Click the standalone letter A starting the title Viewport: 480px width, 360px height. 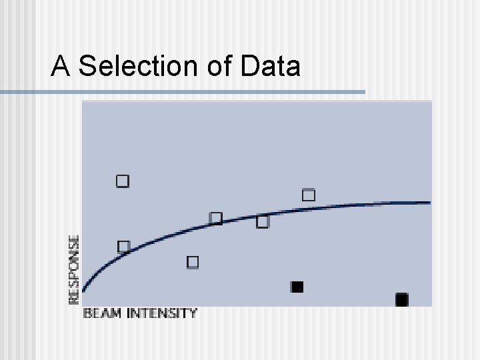tap(61, 66)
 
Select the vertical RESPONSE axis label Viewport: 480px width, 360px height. tap(74, 269)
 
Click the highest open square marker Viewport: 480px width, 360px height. tap(123, 181)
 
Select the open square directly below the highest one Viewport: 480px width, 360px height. tap(123, 247)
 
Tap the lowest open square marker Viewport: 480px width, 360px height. tap(193, 262)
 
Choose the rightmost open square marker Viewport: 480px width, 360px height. tap(309, 195)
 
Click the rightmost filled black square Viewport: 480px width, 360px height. tap(401, 300)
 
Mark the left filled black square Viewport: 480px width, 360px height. tap(297, 287)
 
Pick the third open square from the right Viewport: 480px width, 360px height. tap(215, 218)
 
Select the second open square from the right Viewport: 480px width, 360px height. tap(263, 221)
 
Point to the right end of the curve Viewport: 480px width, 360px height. tap(429, 202)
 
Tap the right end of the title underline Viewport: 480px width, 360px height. tap(364, 91)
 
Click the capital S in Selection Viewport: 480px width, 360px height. tap(87, 66)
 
